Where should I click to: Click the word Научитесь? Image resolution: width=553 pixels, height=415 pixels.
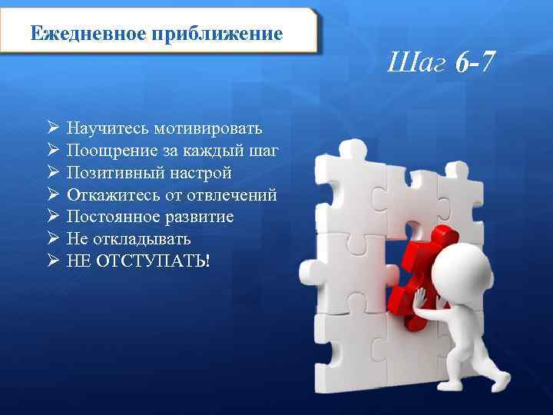pyautogui.click(x=108, y=128)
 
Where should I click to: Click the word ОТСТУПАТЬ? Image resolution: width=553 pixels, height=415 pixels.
pyautogui.click(x=154, y=261)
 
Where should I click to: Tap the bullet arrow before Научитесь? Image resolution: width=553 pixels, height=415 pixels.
pyautogui.click(x=53, y=128)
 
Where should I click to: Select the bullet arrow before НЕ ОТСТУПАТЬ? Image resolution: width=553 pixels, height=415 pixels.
pyautogui.click(x=53, y=261)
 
